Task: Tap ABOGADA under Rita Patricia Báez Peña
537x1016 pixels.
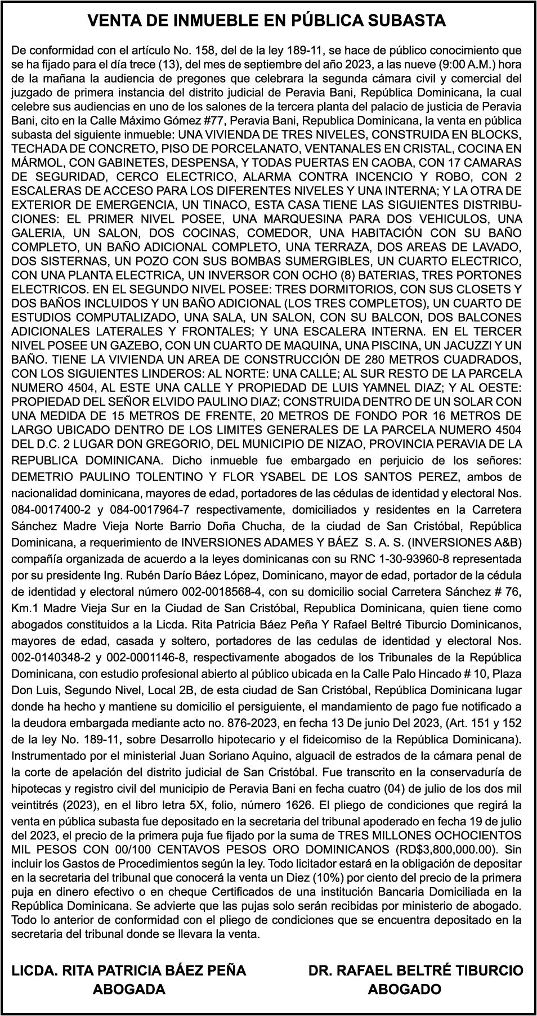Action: point(129,989)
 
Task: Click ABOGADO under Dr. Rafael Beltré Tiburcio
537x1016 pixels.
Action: point(404,989)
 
